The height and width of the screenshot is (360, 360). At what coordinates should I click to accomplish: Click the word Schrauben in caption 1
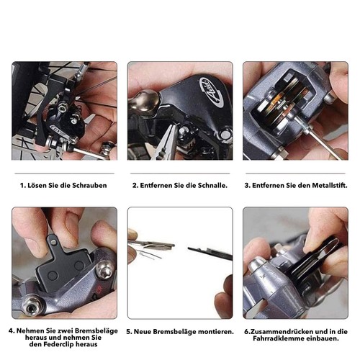[x=89, y=186]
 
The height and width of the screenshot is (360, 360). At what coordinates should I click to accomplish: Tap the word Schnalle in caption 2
[x=212, y=186]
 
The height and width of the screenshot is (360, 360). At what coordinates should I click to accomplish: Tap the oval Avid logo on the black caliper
[x=211, y=93]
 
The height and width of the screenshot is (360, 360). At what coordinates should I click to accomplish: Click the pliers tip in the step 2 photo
[x=174, y=126]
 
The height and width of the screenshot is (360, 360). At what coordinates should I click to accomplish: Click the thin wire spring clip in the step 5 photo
[x=149, y=253]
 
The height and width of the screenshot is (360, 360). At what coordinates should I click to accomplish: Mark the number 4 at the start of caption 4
[x=10, y=331]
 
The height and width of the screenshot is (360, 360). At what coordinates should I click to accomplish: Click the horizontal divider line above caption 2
[x=180, y=173]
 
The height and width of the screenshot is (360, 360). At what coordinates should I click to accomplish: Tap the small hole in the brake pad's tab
[x=53, y=243]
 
